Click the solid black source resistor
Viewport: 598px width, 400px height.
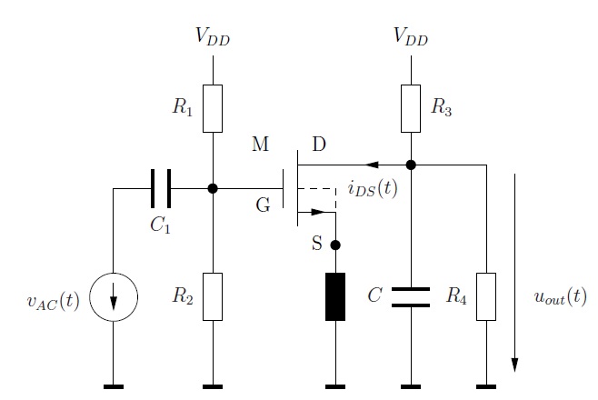(x=335, y=296)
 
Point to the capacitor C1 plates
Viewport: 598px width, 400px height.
(x=161, y=188)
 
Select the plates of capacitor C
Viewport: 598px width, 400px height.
(x=411, y=297)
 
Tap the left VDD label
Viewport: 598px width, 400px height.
(x=213, y=36)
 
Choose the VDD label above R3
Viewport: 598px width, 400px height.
(x=411, y=36)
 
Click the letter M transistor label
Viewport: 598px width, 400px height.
(x=261, y=145)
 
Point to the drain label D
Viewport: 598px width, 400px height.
(x=319, y=145)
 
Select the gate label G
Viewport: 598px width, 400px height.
(x=264, y=205)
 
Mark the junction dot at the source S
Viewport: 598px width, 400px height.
(x=335, y=245)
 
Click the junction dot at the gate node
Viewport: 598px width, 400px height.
(x=213, y=188)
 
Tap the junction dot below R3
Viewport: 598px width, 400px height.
(x=411, y=165)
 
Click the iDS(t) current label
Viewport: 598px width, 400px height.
(x=373, y=188)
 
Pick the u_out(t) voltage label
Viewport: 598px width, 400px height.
(x=560, y=296)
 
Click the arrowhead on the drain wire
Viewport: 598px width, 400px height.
(x=372, y=165)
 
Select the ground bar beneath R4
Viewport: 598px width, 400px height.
(x=486, y=386)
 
